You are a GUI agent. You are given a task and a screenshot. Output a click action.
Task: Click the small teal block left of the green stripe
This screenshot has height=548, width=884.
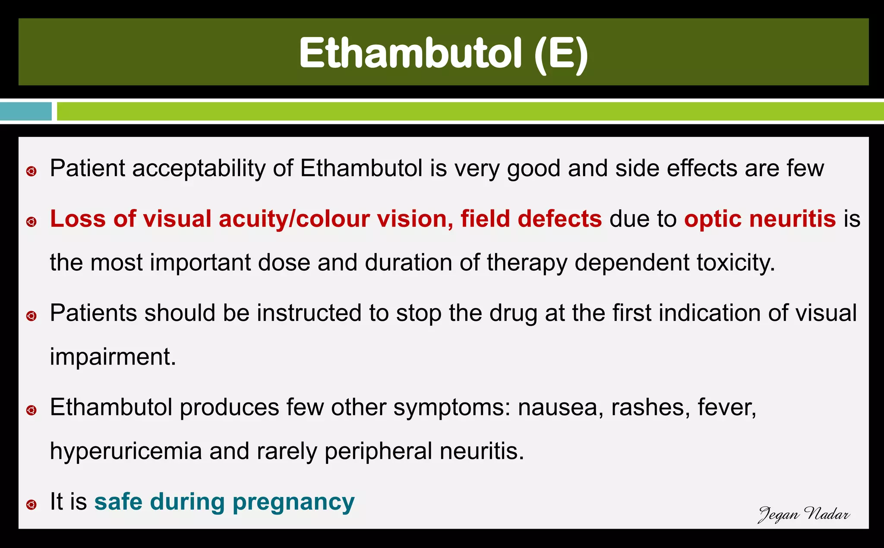tap(26, 111)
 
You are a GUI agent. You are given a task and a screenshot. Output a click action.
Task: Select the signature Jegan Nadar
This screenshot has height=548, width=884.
tap(804, 514)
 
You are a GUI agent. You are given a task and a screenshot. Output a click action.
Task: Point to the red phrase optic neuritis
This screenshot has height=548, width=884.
tap(760, 219)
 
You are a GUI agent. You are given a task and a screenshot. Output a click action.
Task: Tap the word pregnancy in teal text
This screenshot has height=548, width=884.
tap(294, 502)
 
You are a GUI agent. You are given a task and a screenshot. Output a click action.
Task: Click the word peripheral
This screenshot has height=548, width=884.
tap(378, 451)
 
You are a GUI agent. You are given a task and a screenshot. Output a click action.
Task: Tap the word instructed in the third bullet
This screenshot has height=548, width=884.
tap(309, 313)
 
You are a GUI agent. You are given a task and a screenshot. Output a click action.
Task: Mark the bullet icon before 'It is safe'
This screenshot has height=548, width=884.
tap(31, 504)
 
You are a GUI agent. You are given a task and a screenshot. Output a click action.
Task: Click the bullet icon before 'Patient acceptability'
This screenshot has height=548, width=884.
tap(31, 172)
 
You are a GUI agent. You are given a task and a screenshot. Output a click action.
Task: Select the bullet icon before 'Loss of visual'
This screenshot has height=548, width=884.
tap(31, 222)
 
